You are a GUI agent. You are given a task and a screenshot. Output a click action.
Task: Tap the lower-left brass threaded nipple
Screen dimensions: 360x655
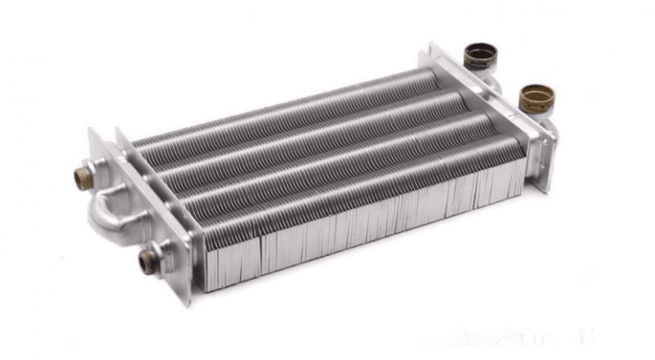(x=147, y=261)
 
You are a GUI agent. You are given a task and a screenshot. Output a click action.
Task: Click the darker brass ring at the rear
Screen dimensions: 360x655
(x=480, y=57)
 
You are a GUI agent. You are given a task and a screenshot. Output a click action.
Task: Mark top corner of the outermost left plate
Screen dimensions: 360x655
(x=93, y=131)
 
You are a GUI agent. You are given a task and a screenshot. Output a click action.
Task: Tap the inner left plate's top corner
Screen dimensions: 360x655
(x=119, y=133)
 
